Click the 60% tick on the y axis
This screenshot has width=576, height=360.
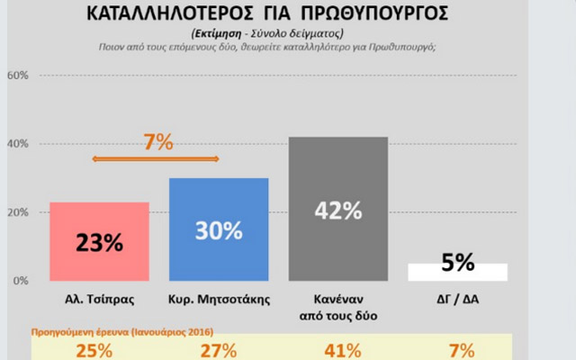point(18,75)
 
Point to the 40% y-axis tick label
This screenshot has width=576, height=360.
point(18,144)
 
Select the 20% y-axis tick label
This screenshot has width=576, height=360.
point(18,212)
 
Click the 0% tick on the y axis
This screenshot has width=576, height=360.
point(21,281)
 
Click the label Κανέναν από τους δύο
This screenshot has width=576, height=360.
point(337,306)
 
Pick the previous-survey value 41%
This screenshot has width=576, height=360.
point(337,349)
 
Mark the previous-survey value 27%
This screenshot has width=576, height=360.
point(219,349)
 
